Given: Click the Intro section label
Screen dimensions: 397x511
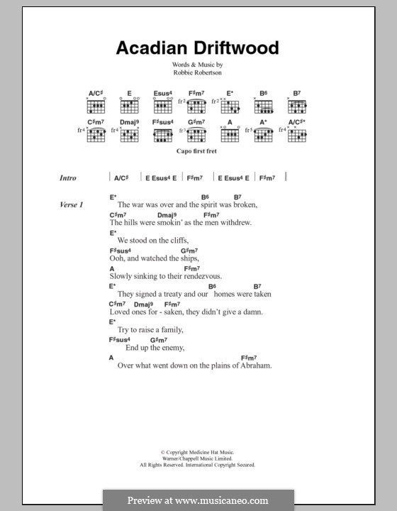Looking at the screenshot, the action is [68, 178].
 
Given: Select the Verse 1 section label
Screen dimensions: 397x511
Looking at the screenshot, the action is [72, 205].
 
